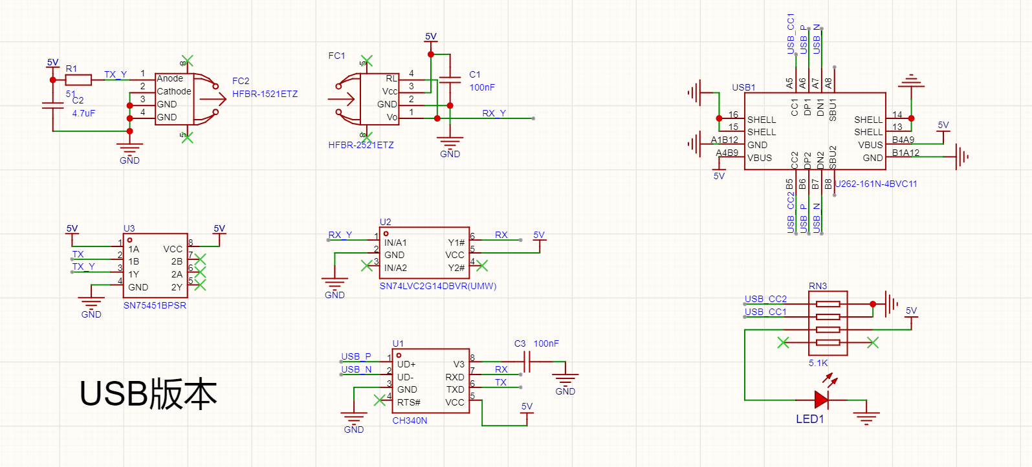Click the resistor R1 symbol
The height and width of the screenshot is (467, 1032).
click(x=78, y=80)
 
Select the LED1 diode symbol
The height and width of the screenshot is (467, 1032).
click(x=822, y=400)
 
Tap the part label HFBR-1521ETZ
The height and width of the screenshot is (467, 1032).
click(x=265, y=94)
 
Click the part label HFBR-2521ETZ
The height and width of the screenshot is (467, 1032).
click(x=361, y=145)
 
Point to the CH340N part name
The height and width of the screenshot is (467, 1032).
click(x=410, y=420)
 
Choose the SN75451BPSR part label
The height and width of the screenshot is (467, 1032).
click(x=155, y=305)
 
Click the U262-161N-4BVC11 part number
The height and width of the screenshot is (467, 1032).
click(x=876, y=184)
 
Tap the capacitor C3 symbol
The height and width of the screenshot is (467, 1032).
click(x=527, y=362)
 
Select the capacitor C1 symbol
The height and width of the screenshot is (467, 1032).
click(x=450, y=80)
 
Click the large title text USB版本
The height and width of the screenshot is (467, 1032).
click(x=148, y=394)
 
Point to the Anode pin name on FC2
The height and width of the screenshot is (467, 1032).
click(x=170, y=78)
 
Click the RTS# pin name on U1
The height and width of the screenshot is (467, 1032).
click(x=409, y=402)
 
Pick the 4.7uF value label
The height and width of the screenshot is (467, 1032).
click(x=83, y=113)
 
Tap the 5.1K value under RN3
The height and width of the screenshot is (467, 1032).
click(x=818, y=363)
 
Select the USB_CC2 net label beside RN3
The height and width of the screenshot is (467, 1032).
click(x=765, y=299)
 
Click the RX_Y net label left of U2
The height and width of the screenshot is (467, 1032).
click(x=340, y=235)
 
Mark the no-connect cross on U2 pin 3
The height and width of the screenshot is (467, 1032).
click(x=367, y=266)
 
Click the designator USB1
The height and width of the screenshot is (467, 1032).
click(x=743, y=87)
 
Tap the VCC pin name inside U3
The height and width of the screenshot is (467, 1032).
click(x=173, y=249)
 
